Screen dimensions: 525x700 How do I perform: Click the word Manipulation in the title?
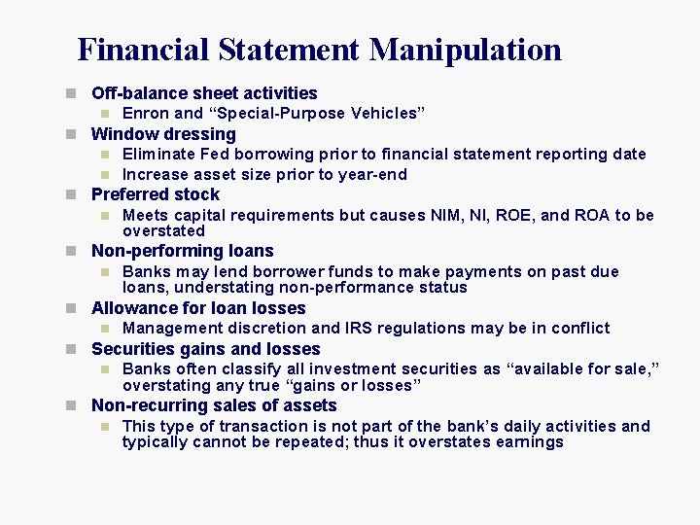click(466, 49)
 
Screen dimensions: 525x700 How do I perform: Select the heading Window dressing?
click(163, 134)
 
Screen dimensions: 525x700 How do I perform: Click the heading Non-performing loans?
click(183, 251)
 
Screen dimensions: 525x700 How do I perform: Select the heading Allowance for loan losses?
click(198, 308)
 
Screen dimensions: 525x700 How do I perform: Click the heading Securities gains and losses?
click(205, 349)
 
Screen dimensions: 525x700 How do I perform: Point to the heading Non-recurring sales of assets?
click(214, 405)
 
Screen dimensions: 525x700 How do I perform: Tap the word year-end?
click(371, 175)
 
